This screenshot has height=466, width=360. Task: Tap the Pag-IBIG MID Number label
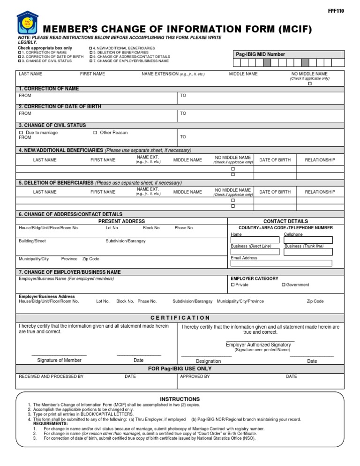coord(260,54)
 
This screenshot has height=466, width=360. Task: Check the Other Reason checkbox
coord(95,133)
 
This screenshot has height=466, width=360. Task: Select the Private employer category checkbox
coord(233,285)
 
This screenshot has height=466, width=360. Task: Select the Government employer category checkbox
coord(284,285)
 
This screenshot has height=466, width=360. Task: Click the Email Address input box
coord(281,263)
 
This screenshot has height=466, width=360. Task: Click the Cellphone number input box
coord(308,240)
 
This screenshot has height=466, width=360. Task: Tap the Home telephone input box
coord(255,240)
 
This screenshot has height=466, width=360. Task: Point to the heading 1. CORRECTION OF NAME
coord(49,89)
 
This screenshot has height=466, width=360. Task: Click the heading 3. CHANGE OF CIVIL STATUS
coord(52,125)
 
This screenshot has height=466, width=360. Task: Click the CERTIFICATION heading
coord(180,318)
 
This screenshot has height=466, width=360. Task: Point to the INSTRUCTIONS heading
coord(180,399)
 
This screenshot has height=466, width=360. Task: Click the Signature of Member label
coord(59,360)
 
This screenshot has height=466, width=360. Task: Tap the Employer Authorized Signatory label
coord(258,345)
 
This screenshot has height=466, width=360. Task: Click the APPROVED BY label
coord(195,376)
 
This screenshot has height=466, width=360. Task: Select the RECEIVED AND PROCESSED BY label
coord(51,376)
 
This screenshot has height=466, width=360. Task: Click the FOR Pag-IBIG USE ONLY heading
coord(180,369)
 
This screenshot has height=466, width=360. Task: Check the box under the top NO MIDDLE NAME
coord(309,83)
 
